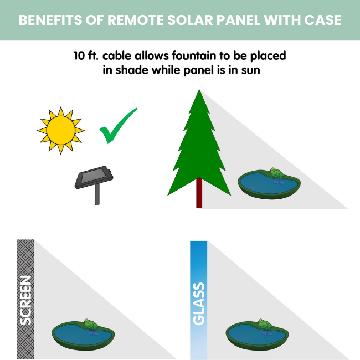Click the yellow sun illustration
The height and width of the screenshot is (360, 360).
(60, 131)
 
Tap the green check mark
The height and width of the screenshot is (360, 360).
(118, 126)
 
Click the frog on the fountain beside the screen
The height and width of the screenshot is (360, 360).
(90, 325)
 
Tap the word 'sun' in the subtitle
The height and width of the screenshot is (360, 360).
(249, 70)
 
